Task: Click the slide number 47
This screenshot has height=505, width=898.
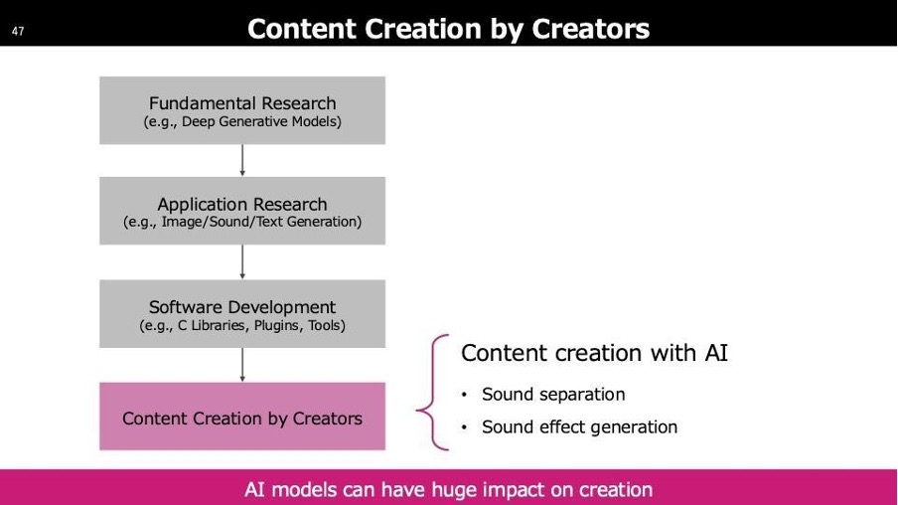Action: click(18, 31)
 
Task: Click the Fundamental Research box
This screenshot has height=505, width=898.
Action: click(242, 110)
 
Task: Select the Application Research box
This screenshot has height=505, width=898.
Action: click(242, 211)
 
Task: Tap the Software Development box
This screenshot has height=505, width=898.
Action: click(242, 313)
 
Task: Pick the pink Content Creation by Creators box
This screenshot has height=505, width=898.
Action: click(242, 417)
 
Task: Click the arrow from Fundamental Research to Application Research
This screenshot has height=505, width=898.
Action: click(242, 160)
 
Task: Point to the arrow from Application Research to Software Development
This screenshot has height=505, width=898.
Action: click(242, 262)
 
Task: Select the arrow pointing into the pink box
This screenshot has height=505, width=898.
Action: click(242, 365)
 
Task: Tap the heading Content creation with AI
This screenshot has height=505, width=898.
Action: click(594, 353)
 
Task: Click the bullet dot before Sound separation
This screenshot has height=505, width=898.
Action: click(465, 395)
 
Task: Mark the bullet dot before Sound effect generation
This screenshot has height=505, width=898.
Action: click(465, 427)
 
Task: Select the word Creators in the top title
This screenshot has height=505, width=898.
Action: click(590, 29)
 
